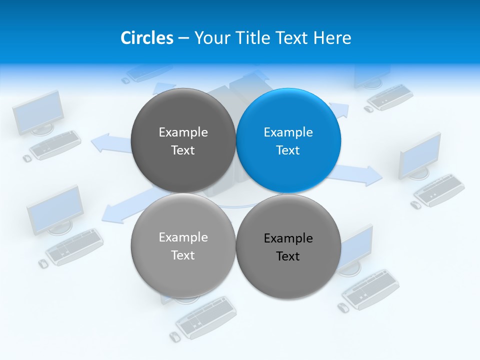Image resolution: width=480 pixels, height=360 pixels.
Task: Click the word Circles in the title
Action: (x=146, y=38)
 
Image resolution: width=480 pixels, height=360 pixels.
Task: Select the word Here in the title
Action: (x=332, y=38)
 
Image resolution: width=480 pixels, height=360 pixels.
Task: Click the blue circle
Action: (x=288, y=140)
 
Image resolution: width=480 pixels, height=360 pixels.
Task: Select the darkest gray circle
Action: (x=183, y=140)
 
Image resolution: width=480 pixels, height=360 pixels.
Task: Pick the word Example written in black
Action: (x=288, y=238)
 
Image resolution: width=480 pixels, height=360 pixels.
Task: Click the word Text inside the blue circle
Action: (x=288, y=150)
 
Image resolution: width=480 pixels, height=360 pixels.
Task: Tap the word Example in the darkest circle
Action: (x=183, y=132)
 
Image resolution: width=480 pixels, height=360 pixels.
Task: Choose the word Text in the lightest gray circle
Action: (x=183, y=255)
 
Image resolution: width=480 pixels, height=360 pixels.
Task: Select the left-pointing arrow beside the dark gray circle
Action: (x=110, y=143)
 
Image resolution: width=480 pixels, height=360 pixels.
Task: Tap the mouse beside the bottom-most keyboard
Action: (x=175, y=336)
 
